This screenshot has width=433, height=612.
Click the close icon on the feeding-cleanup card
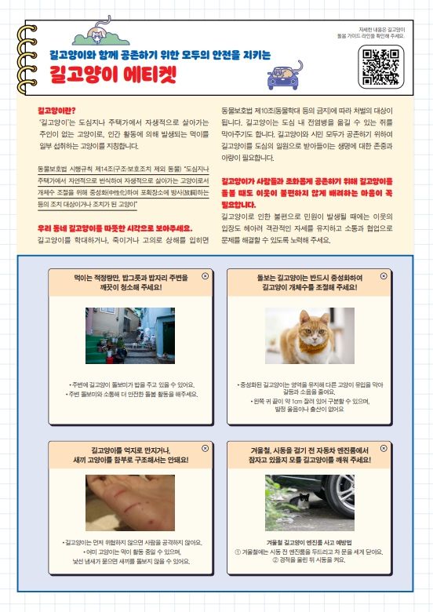[206, 276]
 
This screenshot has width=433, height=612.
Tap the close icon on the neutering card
[383, 276]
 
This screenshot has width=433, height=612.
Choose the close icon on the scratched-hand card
[206, 449]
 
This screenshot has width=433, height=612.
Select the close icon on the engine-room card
[383, 449]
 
